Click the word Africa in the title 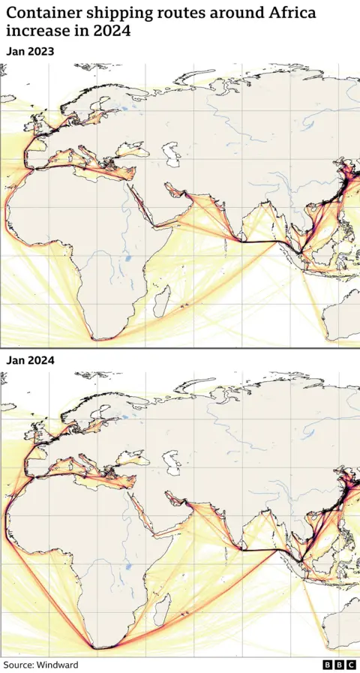(286, 13)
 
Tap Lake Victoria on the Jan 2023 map (127, 260)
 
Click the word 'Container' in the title (43, 13)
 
